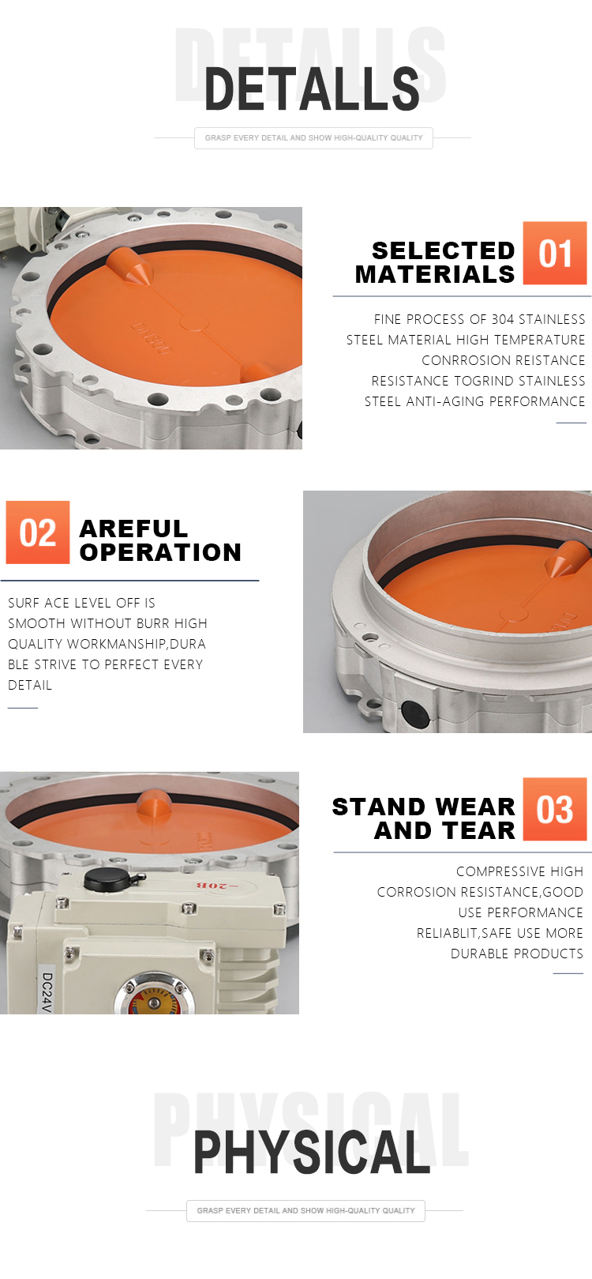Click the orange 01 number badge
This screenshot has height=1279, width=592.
(x=554, y=253)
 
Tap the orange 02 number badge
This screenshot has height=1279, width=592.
(x=38, y=532)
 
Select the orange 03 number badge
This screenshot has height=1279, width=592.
(x=554, y=808)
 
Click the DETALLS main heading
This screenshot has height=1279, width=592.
(x=312, y=88)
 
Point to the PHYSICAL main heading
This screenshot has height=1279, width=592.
(x=312, y=1152)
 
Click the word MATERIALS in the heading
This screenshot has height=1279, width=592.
(x=435, y=275)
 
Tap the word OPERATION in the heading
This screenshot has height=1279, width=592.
(x=160, y=552)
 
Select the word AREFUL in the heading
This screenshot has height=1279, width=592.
(x=133, y=529)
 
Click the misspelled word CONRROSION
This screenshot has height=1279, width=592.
(x=463, y=360)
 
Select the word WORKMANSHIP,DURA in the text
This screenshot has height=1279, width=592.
(x=137, y=644)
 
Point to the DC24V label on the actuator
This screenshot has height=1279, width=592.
(x=47, y=992)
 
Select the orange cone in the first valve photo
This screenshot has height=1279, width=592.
(x=130, y=266)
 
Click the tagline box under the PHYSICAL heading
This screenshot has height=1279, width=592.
(x=305, y=1210)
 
